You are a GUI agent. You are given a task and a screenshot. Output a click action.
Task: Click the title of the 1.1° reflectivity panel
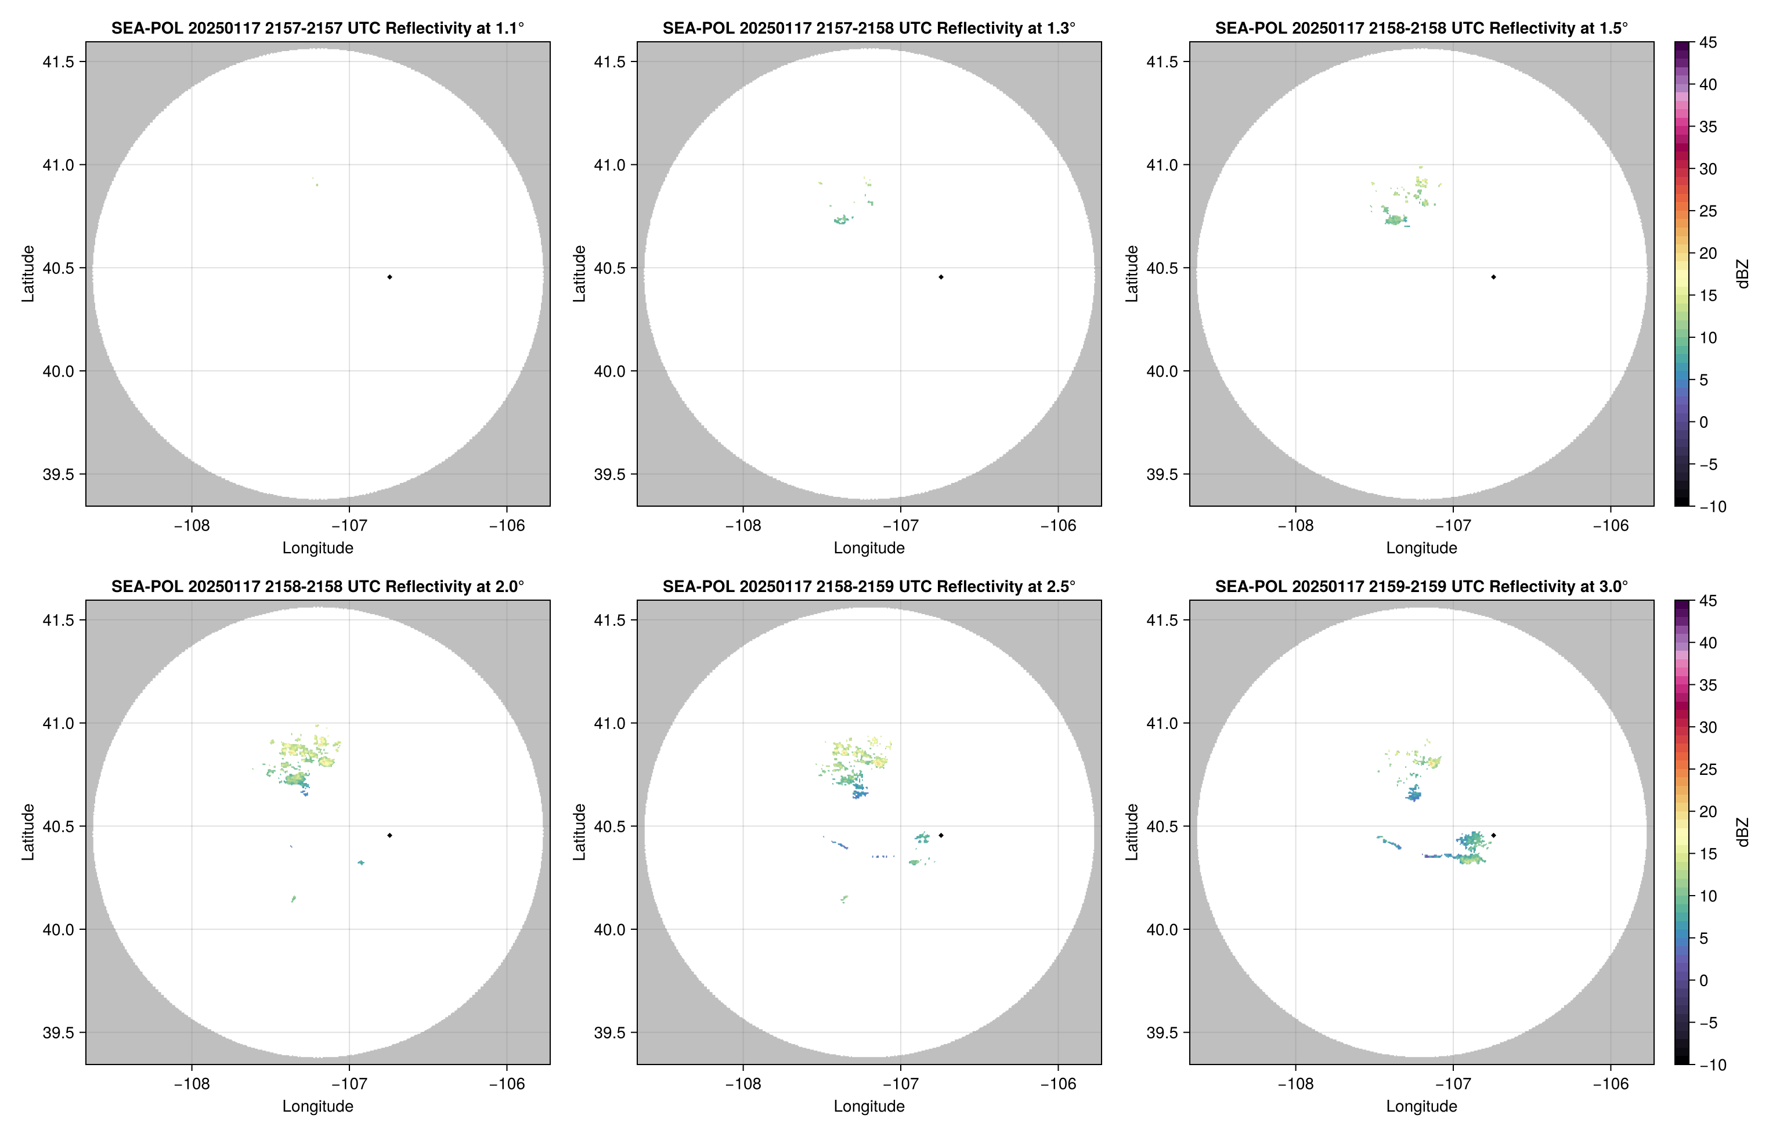[x=317, y=28]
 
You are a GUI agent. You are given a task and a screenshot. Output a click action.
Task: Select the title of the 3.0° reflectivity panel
[x=1421, y=586]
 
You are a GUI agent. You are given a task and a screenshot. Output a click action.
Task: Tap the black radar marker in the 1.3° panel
[x=941, y=277]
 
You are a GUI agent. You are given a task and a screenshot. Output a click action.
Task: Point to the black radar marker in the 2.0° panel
[x=389, y=836]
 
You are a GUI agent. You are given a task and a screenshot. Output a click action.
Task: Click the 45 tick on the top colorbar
[x=1708, y=43]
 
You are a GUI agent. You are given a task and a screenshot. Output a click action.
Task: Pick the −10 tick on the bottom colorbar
[x=1712, y=1065]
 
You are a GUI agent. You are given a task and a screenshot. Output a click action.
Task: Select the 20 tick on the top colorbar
[x=1708, y=253]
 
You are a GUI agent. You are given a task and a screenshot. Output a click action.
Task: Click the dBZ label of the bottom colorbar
[x=1742, y=832]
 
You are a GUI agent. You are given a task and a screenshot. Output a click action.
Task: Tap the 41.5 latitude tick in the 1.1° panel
[x=58, y=62]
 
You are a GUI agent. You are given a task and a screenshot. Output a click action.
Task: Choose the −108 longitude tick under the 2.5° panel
[x=743, y=1084]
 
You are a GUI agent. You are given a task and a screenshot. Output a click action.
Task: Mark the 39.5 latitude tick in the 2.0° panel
[x=58, y=1032]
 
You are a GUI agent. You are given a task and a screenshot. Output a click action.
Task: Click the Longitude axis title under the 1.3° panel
[x=869, y=548]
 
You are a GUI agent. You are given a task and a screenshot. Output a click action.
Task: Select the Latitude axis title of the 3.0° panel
[x=1132, y=832]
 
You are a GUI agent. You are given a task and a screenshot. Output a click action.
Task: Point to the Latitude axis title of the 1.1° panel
[x=28, y=274]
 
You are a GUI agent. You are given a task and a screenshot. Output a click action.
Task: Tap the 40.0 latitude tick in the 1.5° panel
[x=1162, y=371]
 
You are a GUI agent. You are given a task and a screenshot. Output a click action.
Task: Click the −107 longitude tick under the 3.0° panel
[x=1453, y=1084]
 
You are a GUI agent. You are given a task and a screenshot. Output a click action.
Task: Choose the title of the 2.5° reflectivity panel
[x=869, y=586]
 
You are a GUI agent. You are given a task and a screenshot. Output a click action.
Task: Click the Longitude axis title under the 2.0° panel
[x=317, y=1106]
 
